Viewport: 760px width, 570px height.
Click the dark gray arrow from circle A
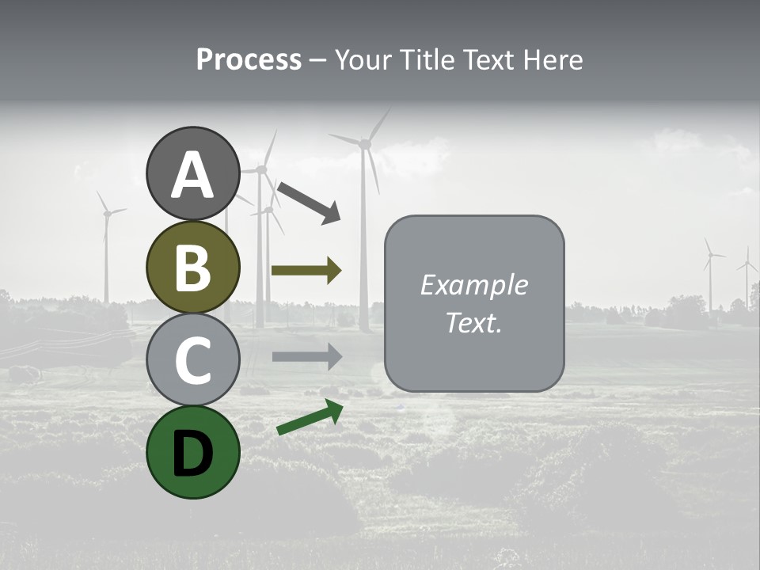pyautogui.click(x=309, y=201)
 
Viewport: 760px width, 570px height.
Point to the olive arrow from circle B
pyautogui.click(x=306, y=271)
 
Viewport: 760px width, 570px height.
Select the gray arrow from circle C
pyautogui.click(x=306, y=356)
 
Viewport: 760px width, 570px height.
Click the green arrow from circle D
pyautogui.click(x=310, y=417)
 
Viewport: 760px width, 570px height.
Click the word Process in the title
pyautogui.click(x=249, y=60)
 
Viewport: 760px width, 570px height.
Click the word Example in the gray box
pyautogui.click(x=474, y=285)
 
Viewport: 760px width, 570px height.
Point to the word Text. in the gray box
pyautogui.click(x=474, y=322)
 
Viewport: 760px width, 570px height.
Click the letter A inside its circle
pyautogui.click(x=192, y=176)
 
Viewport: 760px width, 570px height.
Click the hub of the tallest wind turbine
pyautogui.click(x=365, y=144)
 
